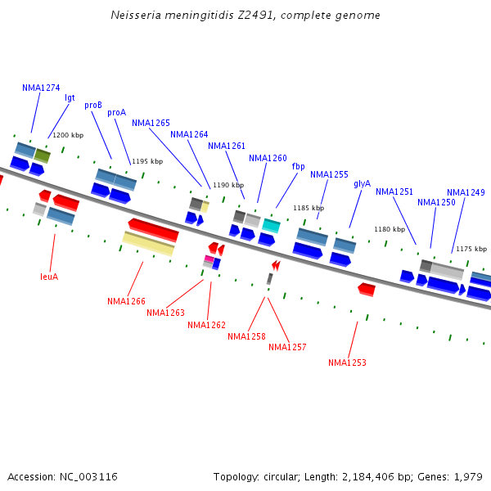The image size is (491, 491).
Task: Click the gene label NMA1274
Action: tap(41, 88)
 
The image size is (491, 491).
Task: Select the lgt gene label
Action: tap(70, 97)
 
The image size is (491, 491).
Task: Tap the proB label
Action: tap(93, 105)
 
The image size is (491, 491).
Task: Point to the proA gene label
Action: tap(116, 112)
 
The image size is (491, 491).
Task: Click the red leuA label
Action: tap(49, 277)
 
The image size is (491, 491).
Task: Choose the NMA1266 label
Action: tap(126, 301)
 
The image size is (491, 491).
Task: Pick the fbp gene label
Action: tap(298, 166)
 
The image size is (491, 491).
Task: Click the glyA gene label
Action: tap(362, 183)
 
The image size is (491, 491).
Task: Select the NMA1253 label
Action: tap(347, 363)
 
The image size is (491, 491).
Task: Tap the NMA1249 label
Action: tap(466, 192)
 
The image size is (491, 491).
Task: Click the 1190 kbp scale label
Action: tap(228, 185)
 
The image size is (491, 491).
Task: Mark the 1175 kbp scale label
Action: tap(471, 249)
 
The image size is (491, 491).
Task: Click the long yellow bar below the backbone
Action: tap(148, 243)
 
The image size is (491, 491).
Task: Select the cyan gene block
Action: tap(271, 225)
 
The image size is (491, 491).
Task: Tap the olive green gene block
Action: tap(43, 155)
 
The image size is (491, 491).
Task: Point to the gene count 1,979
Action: tap(467, 476)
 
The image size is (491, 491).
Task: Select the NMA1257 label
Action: tap(287, 347)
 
